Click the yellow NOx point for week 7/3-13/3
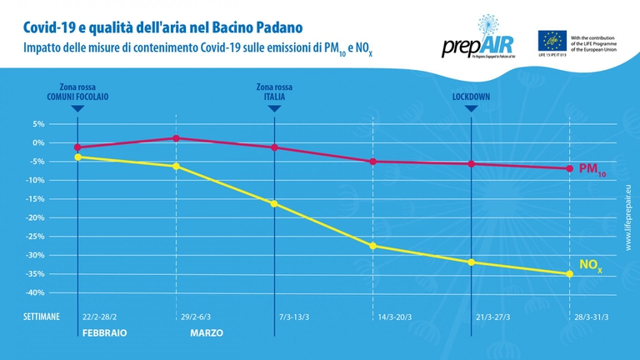(x=274, y=203)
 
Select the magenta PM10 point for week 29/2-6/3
(x=176, y=138)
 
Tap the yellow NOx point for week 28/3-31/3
(x=570, y=274)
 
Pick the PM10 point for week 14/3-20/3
(x=372, y=161)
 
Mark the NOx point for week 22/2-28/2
(x=77, y=157)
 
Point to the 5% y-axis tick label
(x=37, y=123)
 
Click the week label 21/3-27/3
(x=471, y=317)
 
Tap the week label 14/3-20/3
(x=372, y=317)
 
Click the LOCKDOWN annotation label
(x=471, y=97)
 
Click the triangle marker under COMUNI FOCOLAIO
(x=77, y=108)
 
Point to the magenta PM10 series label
(x=592, y=169)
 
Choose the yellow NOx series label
(x=590, y=266)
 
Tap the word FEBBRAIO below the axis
(x=103, y=332)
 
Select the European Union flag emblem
(x=551, y=40)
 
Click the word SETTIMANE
(x=41, y=317)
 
